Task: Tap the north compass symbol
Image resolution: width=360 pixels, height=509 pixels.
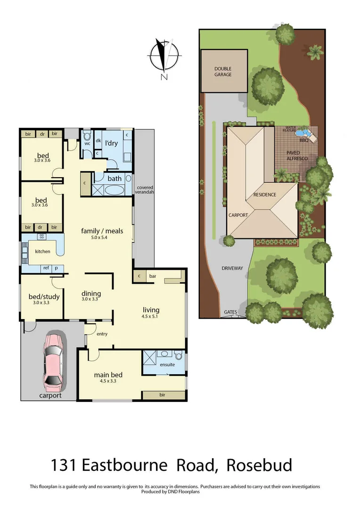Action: (164, 57)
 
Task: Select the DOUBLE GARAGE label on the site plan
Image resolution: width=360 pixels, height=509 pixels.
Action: (223, 72)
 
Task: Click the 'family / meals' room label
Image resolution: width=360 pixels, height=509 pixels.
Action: (102, 230)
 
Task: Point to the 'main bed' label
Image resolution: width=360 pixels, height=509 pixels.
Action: (108, 375)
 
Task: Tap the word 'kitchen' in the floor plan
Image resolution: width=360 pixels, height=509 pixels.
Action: (42, 251)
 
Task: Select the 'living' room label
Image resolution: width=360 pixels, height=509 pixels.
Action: (151, 310)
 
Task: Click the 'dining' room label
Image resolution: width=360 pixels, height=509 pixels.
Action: (91, 293)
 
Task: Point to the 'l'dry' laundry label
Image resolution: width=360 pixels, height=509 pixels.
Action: (111, 142)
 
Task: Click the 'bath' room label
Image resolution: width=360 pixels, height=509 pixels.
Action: (115, 178)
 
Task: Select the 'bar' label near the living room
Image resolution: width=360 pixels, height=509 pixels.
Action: (153, 276)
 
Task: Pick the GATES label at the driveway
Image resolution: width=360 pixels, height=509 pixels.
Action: (230, 312)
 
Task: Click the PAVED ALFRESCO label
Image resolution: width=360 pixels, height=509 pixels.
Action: (297, 156)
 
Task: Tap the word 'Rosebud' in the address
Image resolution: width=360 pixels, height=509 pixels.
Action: (259, 465)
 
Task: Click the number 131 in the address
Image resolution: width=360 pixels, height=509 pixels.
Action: (64, 465)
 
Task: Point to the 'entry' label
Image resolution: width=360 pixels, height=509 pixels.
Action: (102, 334)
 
